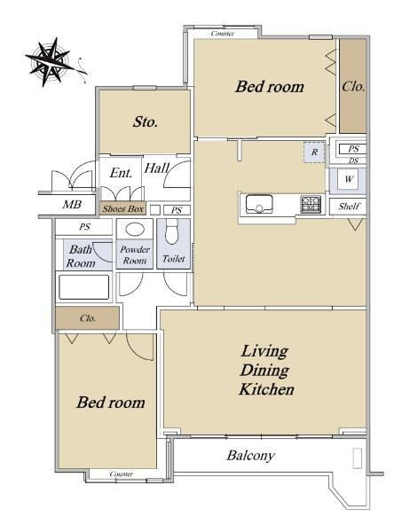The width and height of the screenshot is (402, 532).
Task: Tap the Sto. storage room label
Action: pos(146,121)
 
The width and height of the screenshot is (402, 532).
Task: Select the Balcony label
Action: pos(250,456)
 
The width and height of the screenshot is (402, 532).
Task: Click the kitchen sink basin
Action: pos(259,204)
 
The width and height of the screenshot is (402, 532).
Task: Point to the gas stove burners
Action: pos(311,204)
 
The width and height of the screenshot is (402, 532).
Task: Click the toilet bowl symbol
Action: pos(172,231)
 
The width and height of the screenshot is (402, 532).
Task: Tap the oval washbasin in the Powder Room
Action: pos(135,229)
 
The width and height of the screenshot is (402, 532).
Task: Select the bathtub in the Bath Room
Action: pos(84,287)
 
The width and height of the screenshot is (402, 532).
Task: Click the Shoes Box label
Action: pos(123,208)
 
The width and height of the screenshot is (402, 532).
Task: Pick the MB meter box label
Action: pos(72,205)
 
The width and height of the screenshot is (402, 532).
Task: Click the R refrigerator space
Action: pos(314,152)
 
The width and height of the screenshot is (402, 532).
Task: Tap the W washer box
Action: pos(349,179)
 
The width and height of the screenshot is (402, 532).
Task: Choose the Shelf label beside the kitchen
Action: pos(349,206)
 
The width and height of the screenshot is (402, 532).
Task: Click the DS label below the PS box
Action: pos(353,160)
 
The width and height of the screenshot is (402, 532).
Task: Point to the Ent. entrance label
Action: pos(121,173)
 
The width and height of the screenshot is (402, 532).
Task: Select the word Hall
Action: pos(156,168)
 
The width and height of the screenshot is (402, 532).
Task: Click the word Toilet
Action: pos(174,259)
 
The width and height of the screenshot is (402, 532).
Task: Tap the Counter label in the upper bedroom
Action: pos(223,34)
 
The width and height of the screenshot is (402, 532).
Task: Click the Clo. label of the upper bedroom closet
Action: pos(353,87)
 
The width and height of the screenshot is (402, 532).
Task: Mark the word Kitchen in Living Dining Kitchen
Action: pos(266,389)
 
